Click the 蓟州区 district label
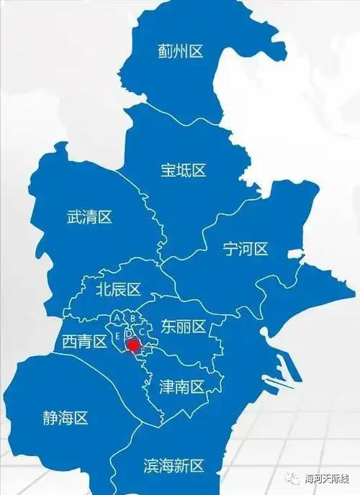181,51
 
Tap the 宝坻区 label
183,171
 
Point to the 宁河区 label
245,249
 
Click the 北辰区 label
118,289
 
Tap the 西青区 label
84,341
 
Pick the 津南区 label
181,387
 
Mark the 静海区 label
65,418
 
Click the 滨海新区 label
175,466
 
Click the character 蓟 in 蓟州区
165,51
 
